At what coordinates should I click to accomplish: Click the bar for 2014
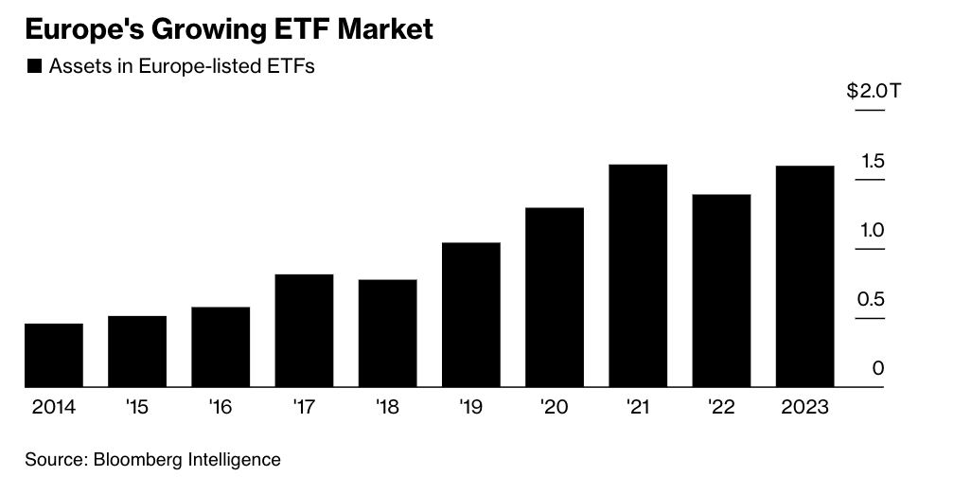[54, 355]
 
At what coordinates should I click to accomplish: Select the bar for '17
[304, 330]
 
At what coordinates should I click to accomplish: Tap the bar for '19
[470, 314]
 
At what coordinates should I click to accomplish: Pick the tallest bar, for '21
[638, 275]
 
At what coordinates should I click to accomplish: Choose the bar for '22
[721, 291]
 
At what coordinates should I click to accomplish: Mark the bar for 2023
[804, 276]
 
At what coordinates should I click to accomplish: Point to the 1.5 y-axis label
[872, 162]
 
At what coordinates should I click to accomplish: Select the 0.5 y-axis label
[872, 300]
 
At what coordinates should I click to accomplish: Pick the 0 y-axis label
[878, 368]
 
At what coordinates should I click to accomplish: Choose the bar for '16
[221, 346]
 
